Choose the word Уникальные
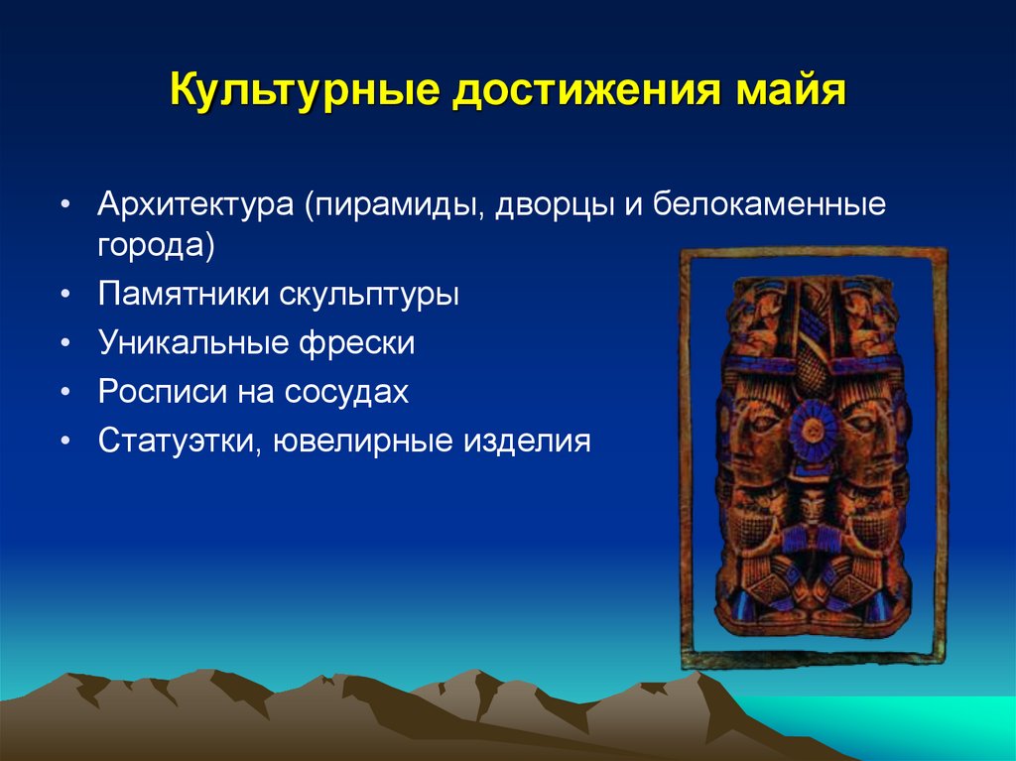point(191,343)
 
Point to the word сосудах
point(347,392)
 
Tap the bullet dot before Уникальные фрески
point(65,344)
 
